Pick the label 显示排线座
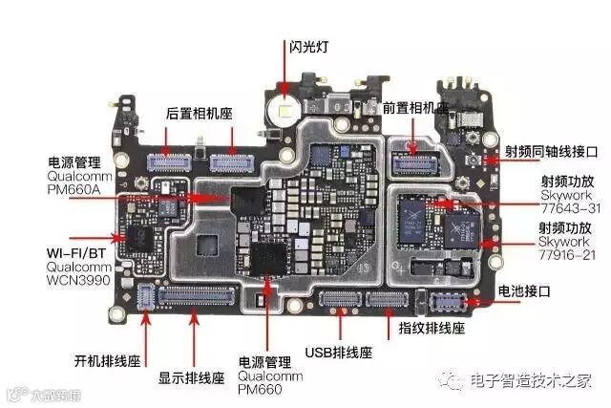191,376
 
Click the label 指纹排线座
431,328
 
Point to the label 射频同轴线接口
551,151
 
